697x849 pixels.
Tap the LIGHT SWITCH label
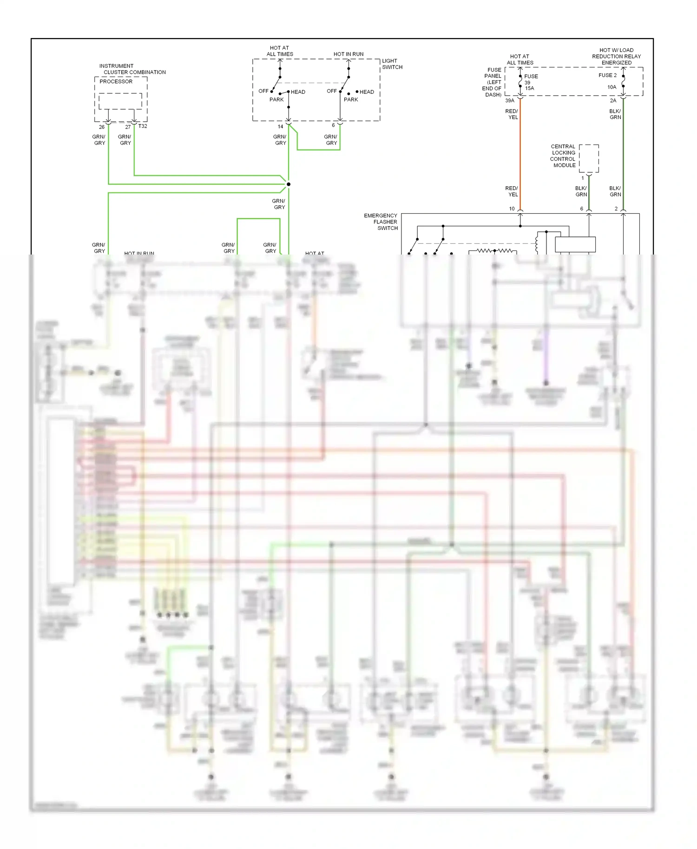(392, 64)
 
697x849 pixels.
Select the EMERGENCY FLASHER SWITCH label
(381, 222)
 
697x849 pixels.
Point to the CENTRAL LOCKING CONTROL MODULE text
(563, 156)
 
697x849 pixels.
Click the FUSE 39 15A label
(530, 82)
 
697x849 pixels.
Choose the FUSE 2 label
(607, 75)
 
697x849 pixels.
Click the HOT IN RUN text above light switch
(348, 54)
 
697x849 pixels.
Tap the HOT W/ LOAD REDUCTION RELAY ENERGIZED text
(616, 57)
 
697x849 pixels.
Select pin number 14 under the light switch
(280, 127)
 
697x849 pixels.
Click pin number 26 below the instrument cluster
(102, 127)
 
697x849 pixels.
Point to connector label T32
(143, 126)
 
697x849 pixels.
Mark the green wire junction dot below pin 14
(289, 184)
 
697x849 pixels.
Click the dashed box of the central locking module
(589, 158)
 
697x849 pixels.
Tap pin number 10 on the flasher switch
(512, 209)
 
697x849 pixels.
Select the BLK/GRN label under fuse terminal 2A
(615, 114)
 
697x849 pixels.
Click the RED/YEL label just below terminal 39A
(512, 114)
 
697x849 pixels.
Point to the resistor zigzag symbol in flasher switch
(494, 251)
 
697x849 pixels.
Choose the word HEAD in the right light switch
(366, 92)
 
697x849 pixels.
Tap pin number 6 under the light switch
(333, 125)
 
